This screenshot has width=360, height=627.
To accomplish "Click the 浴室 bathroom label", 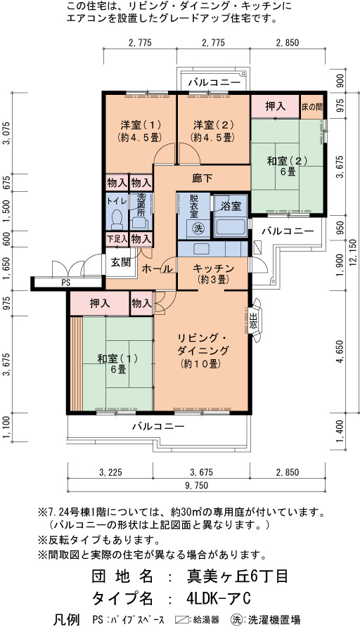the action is tap(231, 207).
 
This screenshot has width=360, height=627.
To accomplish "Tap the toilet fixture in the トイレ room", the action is tap(117, 219).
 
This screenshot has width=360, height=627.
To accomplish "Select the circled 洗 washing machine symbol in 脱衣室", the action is tap(197, 228).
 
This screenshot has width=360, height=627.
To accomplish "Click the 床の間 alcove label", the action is tap(312, 107).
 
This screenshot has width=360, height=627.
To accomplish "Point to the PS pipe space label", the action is tap(65, 283).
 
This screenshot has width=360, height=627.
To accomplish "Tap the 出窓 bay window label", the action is tap(253, 320).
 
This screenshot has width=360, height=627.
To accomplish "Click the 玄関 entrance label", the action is tap(120, 263).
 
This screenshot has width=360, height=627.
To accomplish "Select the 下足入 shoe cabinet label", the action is tap(117, 239).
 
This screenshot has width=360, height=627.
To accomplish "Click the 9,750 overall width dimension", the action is tap(195, 486).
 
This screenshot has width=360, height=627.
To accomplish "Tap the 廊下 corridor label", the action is tap(202, 179).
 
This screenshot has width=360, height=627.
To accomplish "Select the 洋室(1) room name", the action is tap(140, 125).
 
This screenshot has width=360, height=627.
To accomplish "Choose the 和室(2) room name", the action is tap(286, 161).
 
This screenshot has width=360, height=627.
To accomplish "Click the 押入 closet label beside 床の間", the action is tap(275, 106).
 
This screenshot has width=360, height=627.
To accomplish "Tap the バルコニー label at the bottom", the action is tap(159, 426).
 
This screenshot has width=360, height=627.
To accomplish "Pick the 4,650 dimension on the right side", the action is tap(340, 352).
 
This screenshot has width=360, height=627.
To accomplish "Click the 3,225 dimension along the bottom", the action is tap(110, 472).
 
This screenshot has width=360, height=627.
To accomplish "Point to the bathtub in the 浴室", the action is tap(231, 227).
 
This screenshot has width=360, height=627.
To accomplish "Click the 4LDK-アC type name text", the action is tap(219, 599).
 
